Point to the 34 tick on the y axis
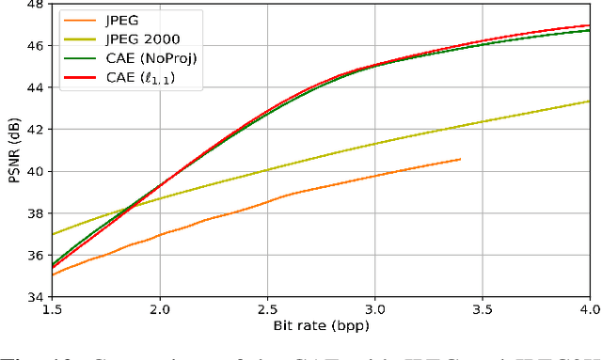coord(34,297)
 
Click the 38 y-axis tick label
coord(34,213)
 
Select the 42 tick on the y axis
coord(34,130)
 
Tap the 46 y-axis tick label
coord(34,45)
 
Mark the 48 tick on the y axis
coord(34,6)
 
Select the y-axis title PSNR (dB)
coord(11,150)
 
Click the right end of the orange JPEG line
coord(461,159)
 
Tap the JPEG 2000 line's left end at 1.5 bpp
coord(53,234)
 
